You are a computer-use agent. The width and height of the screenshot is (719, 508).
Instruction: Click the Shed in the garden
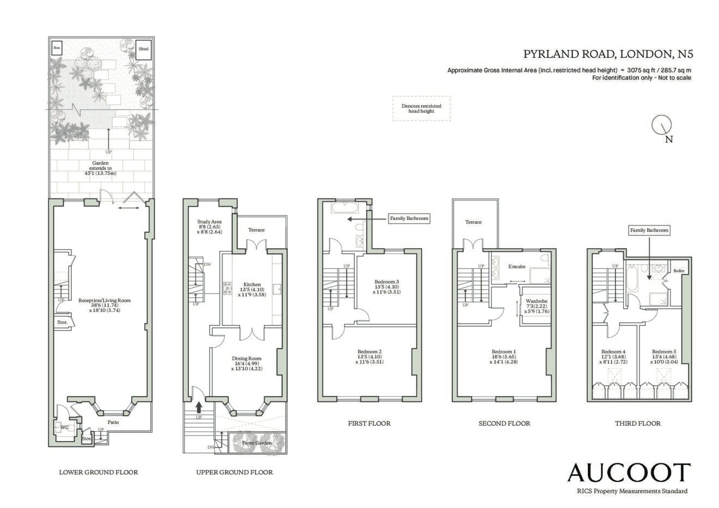pyautogui.click(x=143, y=50)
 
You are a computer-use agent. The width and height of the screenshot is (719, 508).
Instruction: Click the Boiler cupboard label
pyautogui.click(x=679, y=271)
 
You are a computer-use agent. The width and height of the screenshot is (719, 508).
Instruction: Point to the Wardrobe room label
pyautogui.click(x=537, y=301)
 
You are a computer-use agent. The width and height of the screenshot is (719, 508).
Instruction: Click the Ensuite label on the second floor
pyautogui.click(x=517, y=266)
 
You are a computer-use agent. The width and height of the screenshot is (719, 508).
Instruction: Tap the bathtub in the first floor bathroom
pyautogui.click(x=345, y=207)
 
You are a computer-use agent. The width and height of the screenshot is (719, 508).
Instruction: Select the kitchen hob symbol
pyautogui.click(x=228, y=288)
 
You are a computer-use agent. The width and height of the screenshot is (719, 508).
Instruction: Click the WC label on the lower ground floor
pyautogui.click(x=65, y=427)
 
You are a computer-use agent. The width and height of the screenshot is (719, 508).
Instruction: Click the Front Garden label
pyautogui.click(x=257, y=443)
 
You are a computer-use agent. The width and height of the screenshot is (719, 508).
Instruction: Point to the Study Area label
pyautogui.click(x=209, y=222)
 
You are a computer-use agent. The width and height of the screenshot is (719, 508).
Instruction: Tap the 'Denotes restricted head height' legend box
pyautogui.click(x=422, y=108)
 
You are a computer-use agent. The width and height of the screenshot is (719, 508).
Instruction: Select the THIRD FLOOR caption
pyautogui.click(x=638, y=424)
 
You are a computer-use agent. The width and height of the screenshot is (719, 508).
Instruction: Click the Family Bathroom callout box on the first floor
pyautogui.click(x=409, y=218)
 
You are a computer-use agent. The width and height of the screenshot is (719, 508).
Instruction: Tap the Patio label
pyautogui.click(x=113, y=423)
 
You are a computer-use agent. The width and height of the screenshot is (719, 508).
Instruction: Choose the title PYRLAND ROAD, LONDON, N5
pyautogui.click(x=608, y=54)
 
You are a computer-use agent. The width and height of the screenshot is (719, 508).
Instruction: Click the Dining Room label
pyautogui.click(x=247, y=358)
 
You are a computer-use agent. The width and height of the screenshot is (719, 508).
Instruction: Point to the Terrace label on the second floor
pyautogui.click(x=473, y=222)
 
